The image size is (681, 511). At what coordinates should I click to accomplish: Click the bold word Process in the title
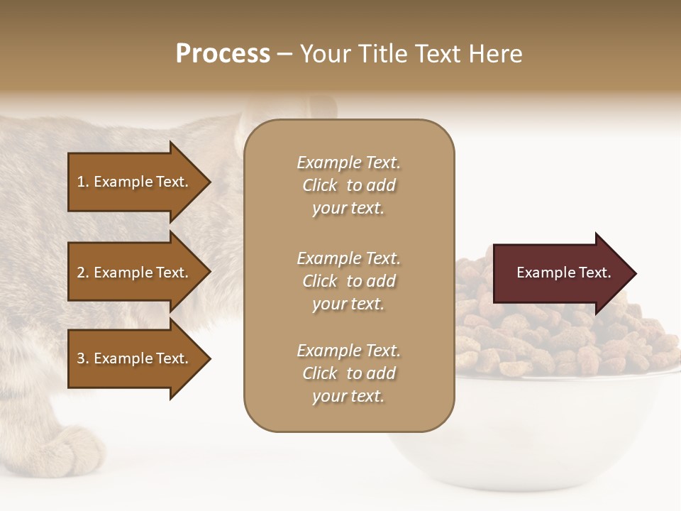(223, 54)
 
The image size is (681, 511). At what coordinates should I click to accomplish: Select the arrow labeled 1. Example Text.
(135, 182)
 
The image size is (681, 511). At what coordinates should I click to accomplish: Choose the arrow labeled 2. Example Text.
(135, 273)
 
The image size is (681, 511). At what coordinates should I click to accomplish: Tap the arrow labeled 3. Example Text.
(135, 358)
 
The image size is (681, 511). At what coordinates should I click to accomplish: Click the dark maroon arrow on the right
(560, 273)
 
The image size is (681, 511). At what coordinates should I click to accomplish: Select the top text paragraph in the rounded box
(348, 185)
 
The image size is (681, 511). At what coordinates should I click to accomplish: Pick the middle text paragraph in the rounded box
(348, 281)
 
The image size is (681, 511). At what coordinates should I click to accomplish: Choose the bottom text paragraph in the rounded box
(348, 373)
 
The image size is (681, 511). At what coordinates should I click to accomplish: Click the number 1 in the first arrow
(81, 182)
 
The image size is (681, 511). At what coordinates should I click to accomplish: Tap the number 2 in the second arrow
(81, 273)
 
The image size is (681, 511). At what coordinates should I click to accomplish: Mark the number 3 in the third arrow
(81, 358)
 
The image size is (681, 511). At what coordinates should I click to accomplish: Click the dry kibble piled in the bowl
(539, 341)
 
